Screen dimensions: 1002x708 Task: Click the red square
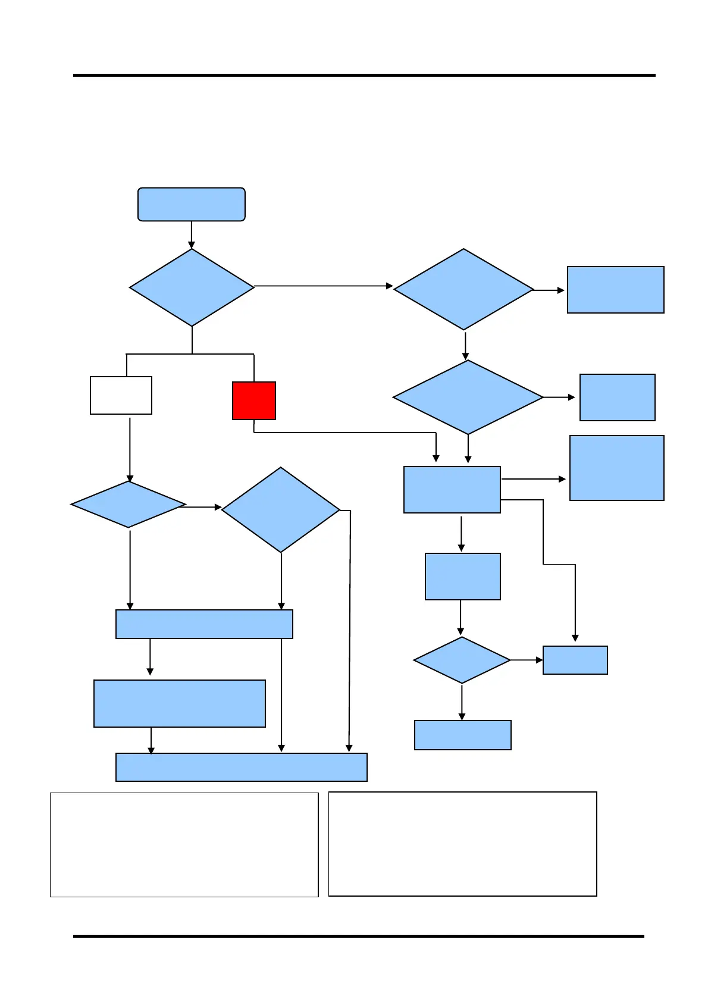(x=254, y=400)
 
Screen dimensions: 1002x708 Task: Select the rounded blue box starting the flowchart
(x=192, y=204)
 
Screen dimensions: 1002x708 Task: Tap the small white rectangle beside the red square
(x=121, y=395)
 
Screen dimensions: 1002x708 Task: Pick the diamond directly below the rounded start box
(x=192, y=287)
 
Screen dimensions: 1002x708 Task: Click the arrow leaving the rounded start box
(x=192, y=235)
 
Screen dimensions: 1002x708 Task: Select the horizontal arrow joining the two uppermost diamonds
(x=324, y=286)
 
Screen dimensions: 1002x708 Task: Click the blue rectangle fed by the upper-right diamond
(x=615, y=290)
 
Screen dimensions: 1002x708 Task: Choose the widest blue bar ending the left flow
(x=241, y=767)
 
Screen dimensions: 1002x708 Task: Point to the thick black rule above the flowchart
(x=364, y=76)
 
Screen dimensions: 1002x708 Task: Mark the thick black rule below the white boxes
(x=358, y=936)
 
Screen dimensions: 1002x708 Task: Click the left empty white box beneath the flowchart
(x=184, y=844)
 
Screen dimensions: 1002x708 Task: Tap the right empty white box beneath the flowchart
(x=462, y=844)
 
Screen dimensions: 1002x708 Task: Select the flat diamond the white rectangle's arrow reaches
(x=129, y=505)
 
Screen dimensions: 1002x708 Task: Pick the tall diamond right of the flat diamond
(x=281, y=510)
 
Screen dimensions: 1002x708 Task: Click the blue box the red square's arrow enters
(x=452, y=489)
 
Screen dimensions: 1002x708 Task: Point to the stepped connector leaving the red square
(x=345, y=433)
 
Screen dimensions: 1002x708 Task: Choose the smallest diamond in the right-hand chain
(x=462, y=660)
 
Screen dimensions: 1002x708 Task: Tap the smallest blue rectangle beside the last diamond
(x=575, y=660)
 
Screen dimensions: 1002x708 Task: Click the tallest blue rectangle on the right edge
(x=616, y=468)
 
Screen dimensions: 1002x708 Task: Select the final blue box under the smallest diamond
(x=462, y=735)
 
